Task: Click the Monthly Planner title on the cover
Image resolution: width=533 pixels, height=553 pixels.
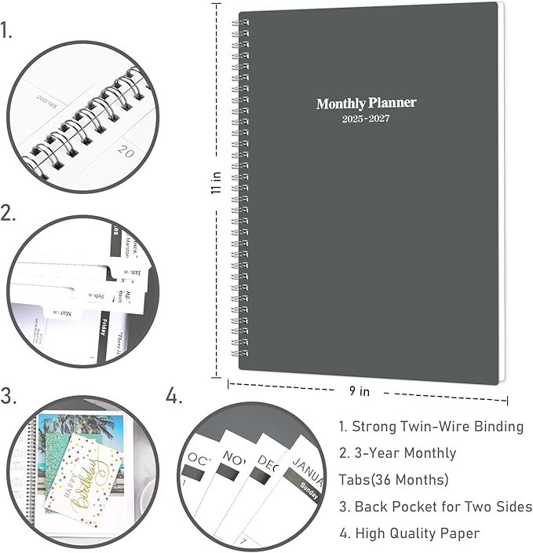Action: point(366,104)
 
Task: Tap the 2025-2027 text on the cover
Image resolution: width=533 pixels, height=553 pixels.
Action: point(366,119)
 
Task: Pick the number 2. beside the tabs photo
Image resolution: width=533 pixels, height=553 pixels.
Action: point(9,213)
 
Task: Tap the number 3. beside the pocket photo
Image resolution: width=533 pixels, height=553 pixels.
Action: point(9,397)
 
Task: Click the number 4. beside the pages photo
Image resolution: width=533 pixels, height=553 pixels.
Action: point(174,397)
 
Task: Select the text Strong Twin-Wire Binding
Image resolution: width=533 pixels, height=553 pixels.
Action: point(431,427)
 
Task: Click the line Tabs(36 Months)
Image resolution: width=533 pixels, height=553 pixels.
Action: point(393,480)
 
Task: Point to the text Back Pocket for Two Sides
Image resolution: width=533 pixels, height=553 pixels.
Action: point(435,507)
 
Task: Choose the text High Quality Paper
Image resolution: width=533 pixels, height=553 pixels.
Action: point(409,533)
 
